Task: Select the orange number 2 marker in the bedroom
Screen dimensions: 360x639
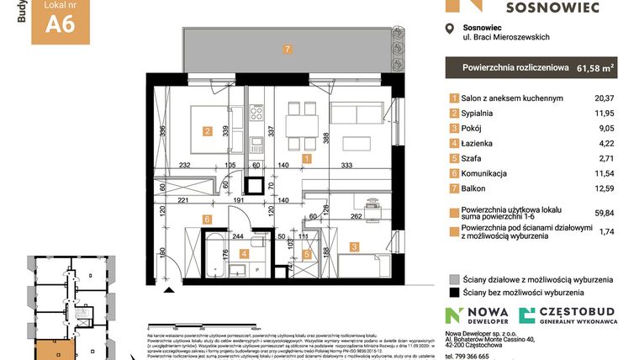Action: click(207, 130)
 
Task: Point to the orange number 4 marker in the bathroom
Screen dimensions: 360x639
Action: click(245, 252)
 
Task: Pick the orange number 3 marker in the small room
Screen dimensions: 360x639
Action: click(355, 247)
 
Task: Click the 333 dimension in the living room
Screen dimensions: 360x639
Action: click(346, 166)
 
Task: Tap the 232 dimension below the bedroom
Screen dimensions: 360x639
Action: click(186, 166)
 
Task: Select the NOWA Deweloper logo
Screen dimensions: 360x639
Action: click(478, 315)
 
